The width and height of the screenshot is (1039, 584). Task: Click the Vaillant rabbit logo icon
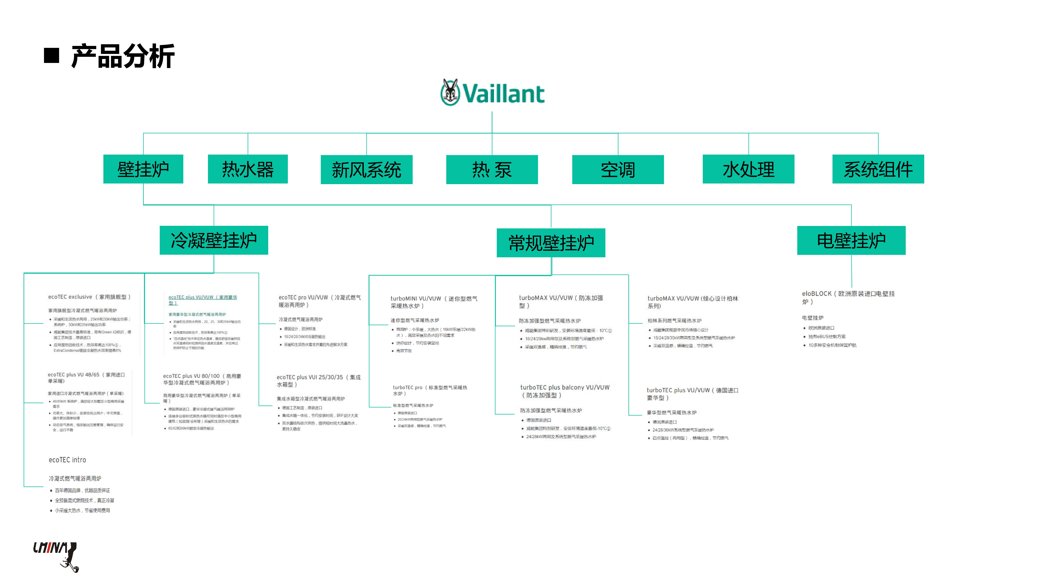[450, 92]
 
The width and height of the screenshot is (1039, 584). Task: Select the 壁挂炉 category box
[143, 169]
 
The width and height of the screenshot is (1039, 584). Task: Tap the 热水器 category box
[248, 169]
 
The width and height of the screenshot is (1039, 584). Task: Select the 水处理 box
[748, 169]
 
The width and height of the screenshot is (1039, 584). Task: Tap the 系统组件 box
[878, 169]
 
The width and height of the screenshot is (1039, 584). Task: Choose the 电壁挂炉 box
[851, 241]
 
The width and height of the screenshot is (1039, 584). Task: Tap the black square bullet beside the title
[52, 56]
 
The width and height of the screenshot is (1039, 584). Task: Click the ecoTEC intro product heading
[67, 460]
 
